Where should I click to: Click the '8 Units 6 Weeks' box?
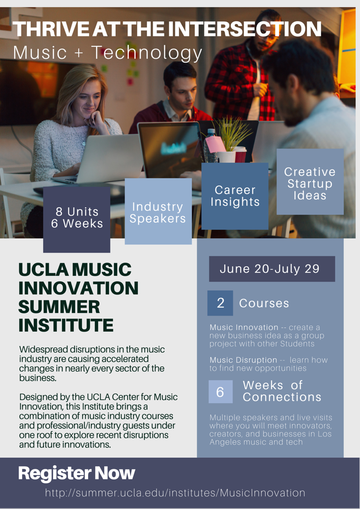[x=77, y=218]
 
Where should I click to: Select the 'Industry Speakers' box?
[x=158, y=212]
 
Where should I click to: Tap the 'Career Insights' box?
[x=235, y=196]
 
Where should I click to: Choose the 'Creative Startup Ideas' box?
[x=310, y=183]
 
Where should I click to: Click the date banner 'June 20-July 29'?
[x=271, y=269]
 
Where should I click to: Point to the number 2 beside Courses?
[x=220, y=303]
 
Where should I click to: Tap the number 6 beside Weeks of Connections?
[x=220, y=392]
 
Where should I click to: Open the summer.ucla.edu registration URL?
[x=175, y=493]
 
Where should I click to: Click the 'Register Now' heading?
[x=76, y=473]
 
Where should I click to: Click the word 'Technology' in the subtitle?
[x=146, y=53]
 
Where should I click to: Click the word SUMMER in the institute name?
[x=59, y=307]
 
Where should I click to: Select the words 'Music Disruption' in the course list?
[x=243, y=360]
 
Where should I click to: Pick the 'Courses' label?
[x=264, y=303]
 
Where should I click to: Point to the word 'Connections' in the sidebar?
[x=281, y=397]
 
